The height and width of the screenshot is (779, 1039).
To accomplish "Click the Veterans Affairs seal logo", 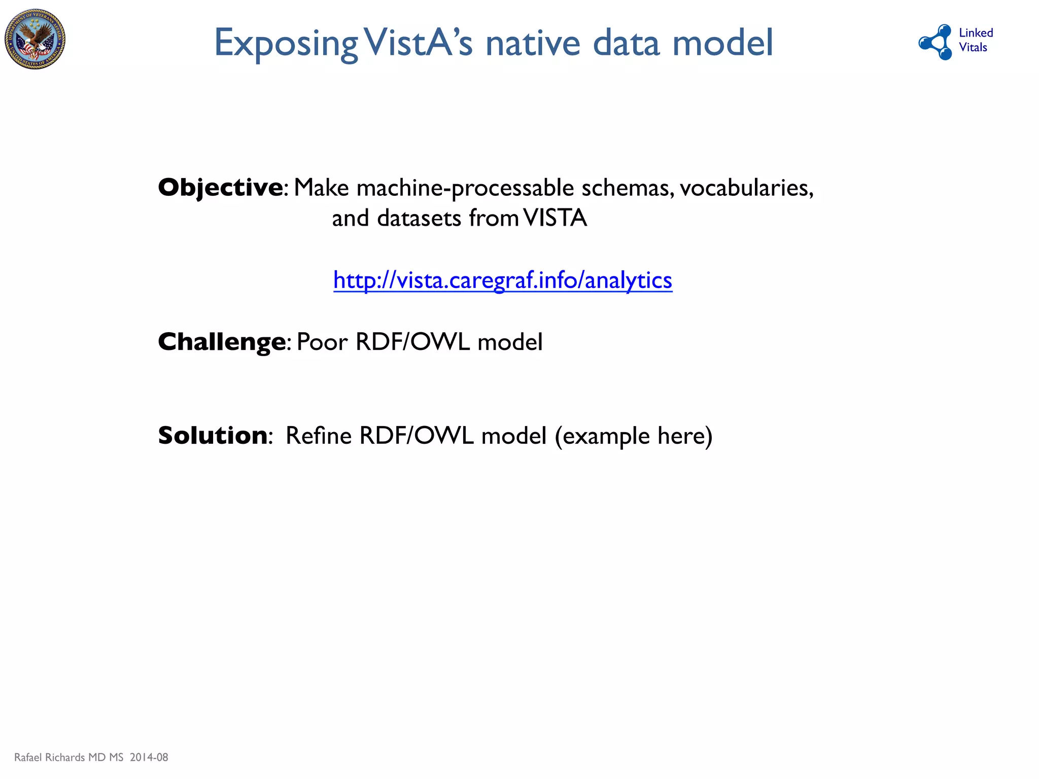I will click(x=35, y=39).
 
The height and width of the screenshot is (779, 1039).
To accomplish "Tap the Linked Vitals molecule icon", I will click(x=936, y=42).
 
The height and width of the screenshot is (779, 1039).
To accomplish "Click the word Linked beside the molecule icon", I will click(x=976, y=33).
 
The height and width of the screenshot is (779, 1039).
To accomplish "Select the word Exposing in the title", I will click(x=286, y=44).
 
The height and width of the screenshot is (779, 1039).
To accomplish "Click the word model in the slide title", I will click(x=722, y=43).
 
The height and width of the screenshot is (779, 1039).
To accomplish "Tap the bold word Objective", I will click(x=221, y=188).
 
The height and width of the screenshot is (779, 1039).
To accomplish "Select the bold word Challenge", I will click(x=222, y=342).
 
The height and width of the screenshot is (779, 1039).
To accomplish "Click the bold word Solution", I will click(x=213, y=436).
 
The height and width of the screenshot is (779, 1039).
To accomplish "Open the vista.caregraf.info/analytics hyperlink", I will click(x=503, y=280).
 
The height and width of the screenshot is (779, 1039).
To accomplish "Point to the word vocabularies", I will click(x=746, y=188).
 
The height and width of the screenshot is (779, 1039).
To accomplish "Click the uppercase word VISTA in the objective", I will click(x=555, y=219).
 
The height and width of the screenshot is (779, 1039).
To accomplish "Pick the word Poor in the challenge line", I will click(x=322, y=342).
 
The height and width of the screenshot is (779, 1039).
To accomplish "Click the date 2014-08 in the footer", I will click(x=149, y=757).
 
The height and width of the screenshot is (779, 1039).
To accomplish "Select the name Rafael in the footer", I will click(x=28, y=757).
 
